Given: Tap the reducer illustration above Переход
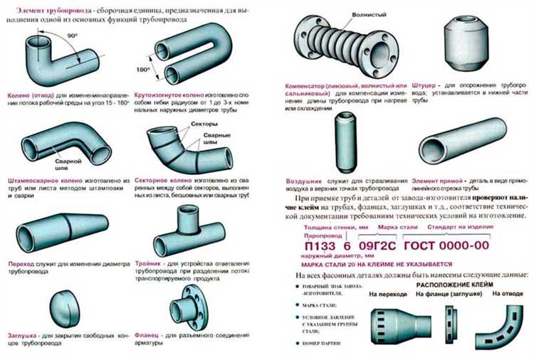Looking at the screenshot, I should (x=58, y=227).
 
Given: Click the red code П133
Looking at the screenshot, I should (x=313, y=245).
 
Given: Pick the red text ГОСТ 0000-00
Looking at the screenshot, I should (x=446, y=245).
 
